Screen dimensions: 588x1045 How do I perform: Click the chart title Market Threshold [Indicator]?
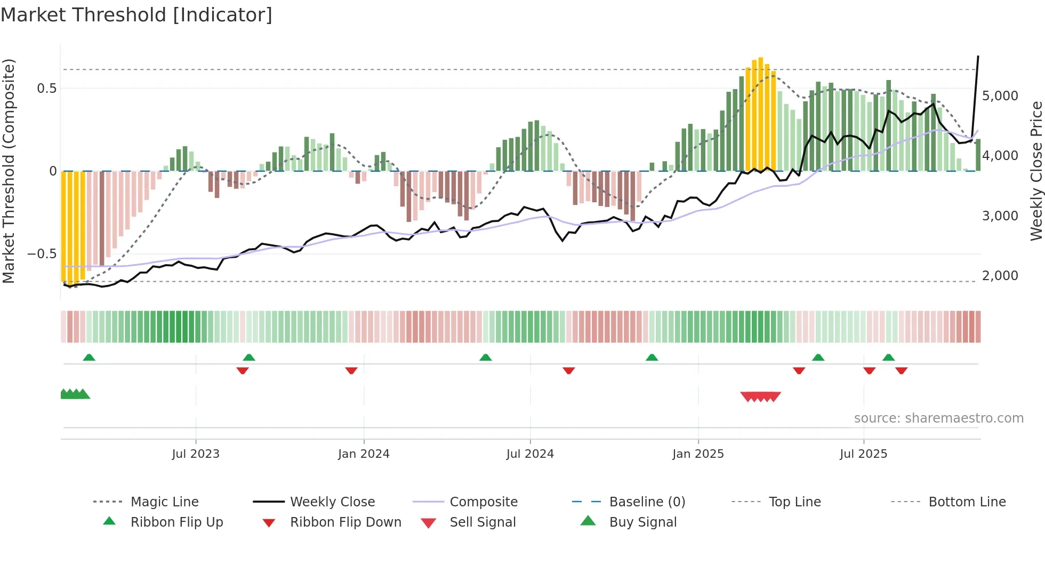136,15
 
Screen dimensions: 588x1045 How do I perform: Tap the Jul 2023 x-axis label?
196,454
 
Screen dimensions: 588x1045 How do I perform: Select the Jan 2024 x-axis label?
364,454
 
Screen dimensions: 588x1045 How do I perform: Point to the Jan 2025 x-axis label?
698,454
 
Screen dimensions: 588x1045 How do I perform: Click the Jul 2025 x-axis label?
863,454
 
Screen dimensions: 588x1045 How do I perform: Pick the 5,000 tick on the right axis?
1000,96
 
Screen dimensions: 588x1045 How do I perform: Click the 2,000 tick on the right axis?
1000,276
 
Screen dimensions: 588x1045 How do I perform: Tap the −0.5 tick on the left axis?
42,254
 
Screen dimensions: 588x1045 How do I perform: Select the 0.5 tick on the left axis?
46,89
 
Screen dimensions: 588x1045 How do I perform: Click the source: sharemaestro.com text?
938,418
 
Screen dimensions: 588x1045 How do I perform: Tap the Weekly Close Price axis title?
1036,171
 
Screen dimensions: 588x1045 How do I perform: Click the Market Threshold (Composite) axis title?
9,171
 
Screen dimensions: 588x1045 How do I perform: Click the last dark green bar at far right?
978,155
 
